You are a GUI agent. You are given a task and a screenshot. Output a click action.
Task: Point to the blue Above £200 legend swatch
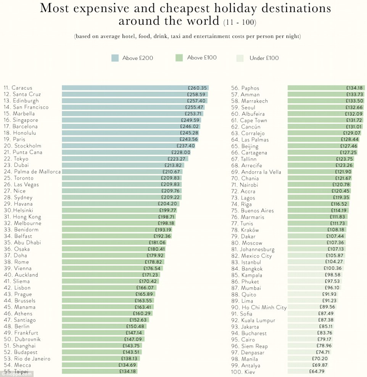coord(115,58)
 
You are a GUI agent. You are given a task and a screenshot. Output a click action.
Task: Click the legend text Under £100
coord(264,58)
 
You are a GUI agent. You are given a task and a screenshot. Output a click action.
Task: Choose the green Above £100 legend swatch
coord(180,58)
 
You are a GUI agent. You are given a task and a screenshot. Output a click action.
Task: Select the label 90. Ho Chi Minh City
coord(259,308)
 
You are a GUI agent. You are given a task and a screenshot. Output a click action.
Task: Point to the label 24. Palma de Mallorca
coord(32,172)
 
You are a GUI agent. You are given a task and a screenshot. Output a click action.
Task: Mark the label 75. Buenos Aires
coord(252,211)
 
